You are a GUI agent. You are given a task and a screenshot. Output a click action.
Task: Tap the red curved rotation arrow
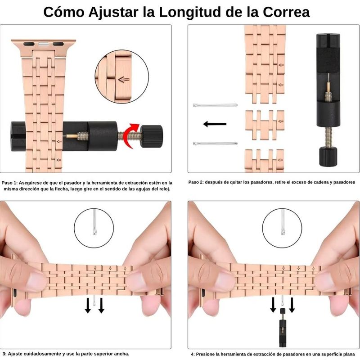pos(130,136)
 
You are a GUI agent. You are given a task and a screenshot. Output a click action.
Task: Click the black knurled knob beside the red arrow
pos(152,136)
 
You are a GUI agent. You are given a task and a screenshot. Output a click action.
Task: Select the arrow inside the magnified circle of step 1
pos(124,80)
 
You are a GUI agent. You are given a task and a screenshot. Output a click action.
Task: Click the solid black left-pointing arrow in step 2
pos(215,124)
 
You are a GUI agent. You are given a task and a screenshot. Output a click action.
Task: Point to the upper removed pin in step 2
pos(215,105)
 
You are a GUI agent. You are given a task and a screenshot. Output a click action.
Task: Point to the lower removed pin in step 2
pos(215,144)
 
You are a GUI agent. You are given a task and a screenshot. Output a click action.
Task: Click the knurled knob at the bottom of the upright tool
pos(328,156)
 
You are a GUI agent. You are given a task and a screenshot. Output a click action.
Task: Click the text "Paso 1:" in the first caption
pos(9,183)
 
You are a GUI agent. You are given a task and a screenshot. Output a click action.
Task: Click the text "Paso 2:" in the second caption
pos(196,182)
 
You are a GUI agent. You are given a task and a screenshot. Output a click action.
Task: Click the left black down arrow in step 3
pos(88,306)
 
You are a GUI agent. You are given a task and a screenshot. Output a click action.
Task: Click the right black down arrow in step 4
pos(292,305)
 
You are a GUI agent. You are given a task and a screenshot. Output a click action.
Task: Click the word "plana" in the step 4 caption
pos(349,355)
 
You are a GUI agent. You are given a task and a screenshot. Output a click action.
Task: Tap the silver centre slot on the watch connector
pos(44,44)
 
